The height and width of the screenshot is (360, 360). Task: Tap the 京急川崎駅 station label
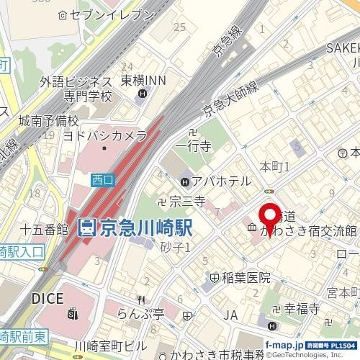coord(145,228)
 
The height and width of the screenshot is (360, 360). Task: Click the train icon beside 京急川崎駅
coord(86,228)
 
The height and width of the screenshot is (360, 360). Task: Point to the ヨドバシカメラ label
coord(105,135)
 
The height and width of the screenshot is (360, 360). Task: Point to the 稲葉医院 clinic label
coord(247,277)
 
